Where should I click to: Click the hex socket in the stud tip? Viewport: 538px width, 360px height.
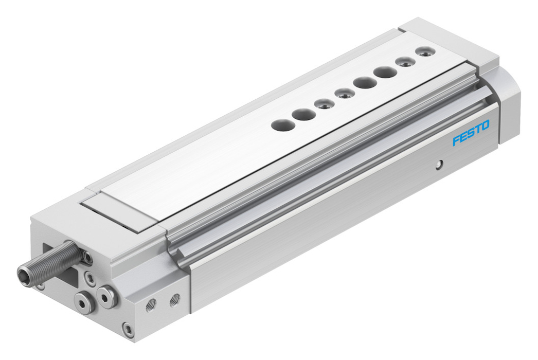pos(23,273)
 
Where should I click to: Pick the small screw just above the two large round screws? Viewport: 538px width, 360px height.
pos(88,277)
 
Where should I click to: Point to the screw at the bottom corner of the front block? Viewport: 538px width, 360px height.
pos(128,330)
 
